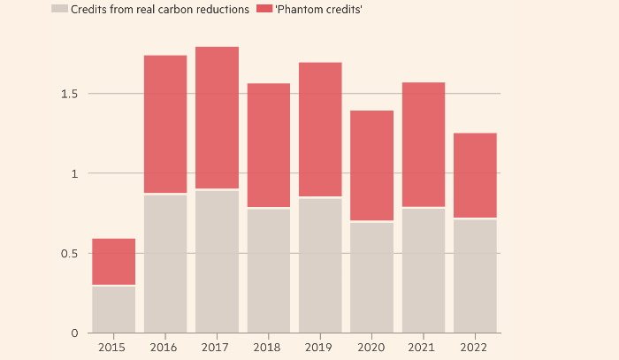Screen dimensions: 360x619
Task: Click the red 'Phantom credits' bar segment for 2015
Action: (113, 261)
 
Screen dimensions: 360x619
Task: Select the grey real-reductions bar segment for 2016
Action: (165, 263)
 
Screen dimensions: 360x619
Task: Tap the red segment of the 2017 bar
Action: (217, 118)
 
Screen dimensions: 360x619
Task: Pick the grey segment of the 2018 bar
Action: (269, 270)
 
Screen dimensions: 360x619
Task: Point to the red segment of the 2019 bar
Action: (320, 129)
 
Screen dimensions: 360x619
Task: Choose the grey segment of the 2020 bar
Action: (371, 277)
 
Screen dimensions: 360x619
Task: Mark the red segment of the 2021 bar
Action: (424, 144)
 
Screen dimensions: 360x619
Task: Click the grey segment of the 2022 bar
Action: (475, 275)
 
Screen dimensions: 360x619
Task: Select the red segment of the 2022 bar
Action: (475, 175)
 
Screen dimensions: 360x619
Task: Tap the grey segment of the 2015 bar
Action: (113, 309)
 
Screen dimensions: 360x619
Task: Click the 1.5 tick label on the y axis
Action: (68, 94)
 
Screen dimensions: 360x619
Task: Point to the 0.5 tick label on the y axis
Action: (68, 253)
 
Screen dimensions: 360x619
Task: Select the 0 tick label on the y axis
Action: (74, 333)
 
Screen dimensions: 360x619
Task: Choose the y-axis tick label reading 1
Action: (75, 173)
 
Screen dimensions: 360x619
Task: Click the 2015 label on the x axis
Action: (113, 348)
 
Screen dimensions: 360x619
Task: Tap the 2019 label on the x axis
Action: (320, 348)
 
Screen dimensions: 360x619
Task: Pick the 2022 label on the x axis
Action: (475, 348)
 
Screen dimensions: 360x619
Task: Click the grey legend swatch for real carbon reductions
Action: (60, 9)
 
